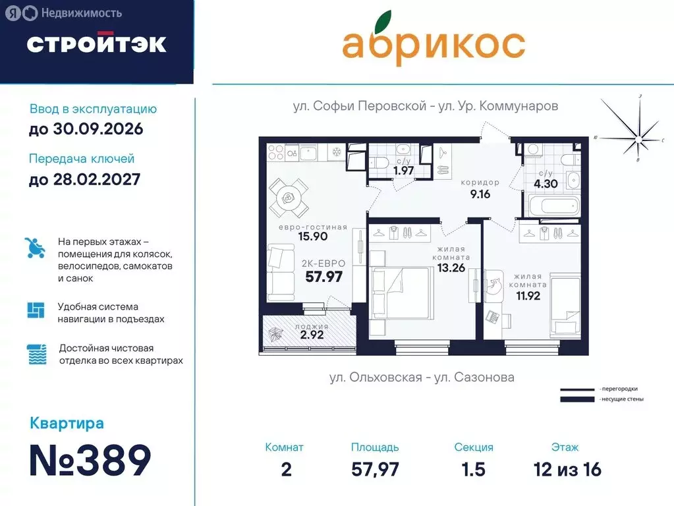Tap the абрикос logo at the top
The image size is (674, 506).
tap(433, 43)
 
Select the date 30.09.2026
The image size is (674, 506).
tap(86, 128)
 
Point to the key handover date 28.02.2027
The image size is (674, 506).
tap(84, 179)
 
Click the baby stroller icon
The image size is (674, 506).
tap(35, 248)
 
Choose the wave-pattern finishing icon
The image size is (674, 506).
tap(37, 354)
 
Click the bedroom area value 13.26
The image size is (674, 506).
tap(451, 267)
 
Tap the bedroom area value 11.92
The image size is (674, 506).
tap(528, 296)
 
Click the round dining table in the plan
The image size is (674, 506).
tap(288, 196)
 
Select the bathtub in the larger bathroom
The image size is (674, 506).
tap(551, 206)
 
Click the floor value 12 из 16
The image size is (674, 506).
tap(567, 469)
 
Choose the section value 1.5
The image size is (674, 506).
tap(473, 469)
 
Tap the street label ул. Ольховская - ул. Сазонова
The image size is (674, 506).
tap(422, 378)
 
